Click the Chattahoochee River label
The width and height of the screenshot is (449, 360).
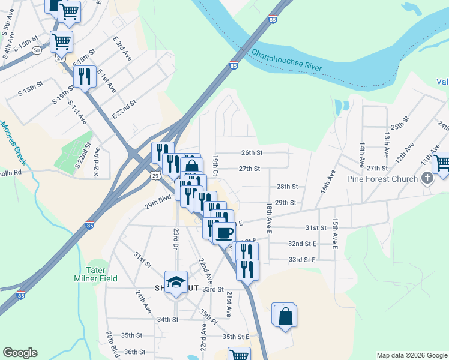287,62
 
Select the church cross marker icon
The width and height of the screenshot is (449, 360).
427,178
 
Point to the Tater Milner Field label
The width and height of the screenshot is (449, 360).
95,274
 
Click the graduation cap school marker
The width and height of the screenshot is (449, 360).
176,283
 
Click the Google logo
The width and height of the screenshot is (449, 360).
20,353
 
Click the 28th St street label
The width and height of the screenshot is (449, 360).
287,187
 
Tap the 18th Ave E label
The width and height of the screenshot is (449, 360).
270,218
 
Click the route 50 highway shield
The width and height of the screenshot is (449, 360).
37,50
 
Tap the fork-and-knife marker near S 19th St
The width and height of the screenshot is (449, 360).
84,76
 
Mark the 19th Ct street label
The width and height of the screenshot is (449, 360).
215,164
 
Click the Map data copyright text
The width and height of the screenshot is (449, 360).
411,355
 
